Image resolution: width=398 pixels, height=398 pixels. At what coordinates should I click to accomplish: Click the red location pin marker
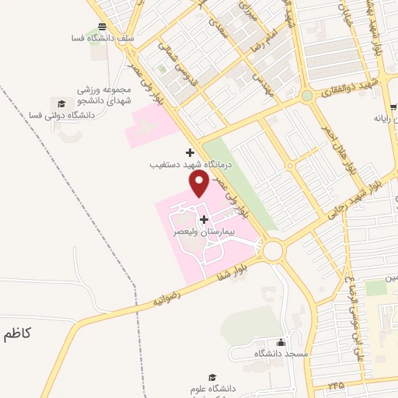199,183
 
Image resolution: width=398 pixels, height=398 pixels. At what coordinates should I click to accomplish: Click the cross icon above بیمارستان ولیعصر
204,219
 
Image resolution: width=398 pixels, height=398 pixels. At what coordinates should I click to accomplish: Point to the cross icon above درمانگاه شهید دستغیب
190,152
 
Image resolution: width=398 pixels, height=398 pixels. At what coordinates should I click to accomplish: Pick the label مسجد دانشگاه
281,354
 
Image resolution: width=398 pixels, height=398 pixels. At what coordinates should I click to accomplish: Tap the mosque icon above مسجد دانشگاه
281,342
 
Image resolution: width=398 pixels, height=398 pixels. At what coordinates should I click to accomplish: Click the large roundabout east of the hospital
273,250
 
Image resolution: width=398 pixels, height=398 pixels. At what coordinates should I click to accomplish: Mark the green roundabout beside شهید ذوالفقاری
308,96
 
